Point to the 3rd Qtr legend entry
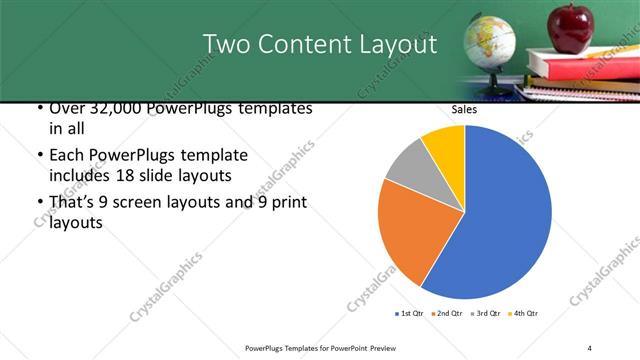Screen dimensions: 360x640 pos(482,314)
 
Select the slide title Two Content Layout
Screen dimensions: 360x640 pos(320,44)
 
